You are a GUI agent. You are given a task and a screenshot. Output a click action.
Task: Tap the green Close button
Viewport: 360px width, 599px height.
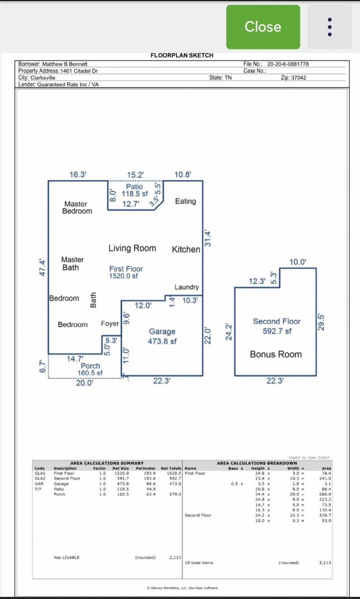point(263,27)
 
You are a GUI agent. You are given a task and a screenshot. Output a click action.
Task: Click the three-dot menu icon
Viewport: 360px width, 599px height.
point(329,27)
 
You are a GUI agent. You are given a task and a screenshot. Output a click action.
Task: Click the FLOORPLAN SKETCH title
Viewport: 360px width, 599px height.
point(182,56)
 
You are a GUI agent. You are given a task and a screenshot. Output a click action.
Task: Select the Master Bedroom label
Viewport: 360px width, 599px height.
point(77,207)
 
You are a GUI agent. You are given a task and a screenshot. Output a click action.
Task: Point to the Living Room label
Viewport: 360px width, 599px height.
point(132,248)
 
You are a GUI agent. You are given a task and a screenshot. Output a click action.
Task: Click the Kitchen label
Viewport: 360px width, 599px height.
point(186,250)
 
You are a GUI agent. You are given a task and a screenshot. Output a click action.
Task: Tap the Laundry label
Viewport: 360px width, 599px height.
point(186,287)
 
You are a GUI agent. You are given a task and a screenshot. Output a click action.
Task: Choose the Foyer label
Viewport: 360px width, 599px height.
point(110,323)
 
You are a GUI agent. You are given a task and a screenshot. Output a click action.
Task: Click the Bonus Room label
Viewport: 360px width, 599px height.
point(276,354)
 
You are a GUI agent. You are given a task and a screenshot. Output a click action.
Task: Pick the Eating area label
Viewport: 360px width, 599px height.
point(185,201)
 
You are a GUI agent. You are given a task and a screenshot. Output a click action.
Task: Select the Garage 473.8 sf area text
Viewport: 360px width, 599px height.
point(162,336)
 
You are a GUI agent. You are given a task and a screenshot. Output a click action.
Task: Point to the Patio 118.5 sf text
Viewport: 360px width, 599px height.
point(135,190)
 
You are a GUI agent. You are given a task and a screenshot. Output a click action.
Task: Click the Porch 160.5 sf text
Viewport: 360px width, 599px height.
point(90,369)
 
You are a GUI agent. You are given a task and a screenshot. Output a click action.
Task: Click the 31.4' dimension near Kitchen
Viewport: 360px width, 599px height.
point(208,238)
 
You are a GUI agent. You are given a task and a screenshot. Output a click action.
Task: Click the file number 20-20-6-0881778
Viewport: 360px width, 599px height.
point(288,64)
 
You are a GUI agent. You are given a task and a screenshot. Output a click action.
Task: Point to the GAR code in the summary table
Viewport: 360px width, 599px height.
point(39,484)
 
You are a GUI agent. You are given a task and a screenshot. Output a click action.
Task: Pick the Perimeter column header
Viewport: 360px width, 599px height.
point(145,468)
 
